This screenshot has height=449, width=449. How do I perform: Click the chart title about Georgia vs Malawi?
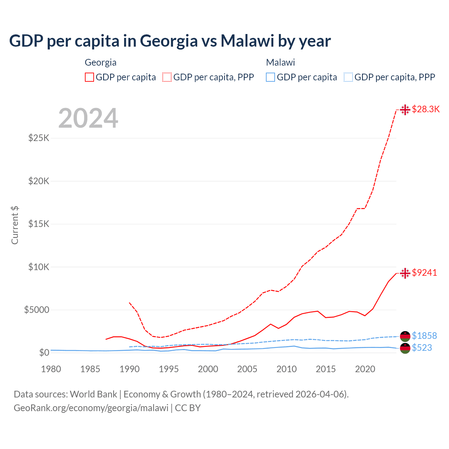pyautogui.click(x=170, y=41)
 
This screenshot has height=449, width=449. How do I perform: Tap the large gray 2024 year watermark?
pyautogui.click(x=88, y=119)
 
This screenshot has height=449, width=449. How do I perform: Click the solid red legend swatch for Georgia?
pyautogui.click(x=89, y=77)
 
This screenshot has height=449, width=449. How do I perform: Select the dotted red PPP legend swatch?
pyautogui.click(x=167, y=77)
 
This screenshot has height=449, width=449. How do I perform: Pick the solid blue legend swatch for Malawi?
pyautogui.click(x=270, y=77)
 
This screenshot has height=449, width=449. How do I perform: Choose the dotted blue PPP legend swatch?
pyautogui.click(x=348, y=77)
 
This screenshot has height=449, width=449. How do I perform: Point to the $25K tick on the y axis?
pyautogui.click(x=39, y=138)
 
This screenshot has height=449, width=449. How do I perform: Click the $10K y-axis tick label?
pyautogui.click(x=39, y=267)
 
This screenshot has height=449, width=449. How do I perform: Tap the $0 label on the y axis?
pyautogui.click(x=44, y=353)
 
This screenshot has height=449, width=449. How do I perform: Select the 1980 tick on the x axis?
pyautogui.click(x=51, y=369)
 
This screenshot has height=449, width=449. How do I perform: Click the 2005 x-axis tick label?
pyautogui.click(x=247, y=369)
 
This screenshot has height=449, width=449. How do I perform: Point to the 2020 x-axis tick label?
pyautogui.click(x=365, y=369)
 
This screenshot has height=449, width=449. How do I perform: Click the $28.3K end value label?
pyautogui.click(x=425, y=109)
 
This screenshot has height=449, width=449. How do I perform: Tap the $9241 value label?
pyautogui.click(x=424, y=273)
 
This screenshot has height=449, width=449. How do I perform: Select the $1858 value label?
pyautogui.click(x=424, y=336)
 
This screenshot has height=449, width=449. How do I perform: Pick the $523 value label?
pyautogui.click(x=422, y=348)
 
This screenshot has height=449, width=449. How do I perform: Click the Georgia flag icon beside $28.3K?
pyautogui.click(x=405, y=110)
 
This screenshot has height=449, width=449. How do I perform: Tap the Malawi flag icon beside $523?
pyautogui.click(x=405, y=348)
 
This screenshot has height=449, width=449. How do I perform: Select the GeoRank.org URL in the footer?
pyautogui.click(x=91, y=408)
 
